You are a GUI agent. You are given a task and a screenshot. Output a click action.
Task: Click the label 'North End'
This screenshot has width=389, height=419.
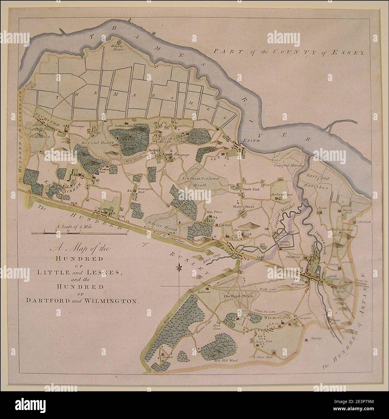click(250, 190)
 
